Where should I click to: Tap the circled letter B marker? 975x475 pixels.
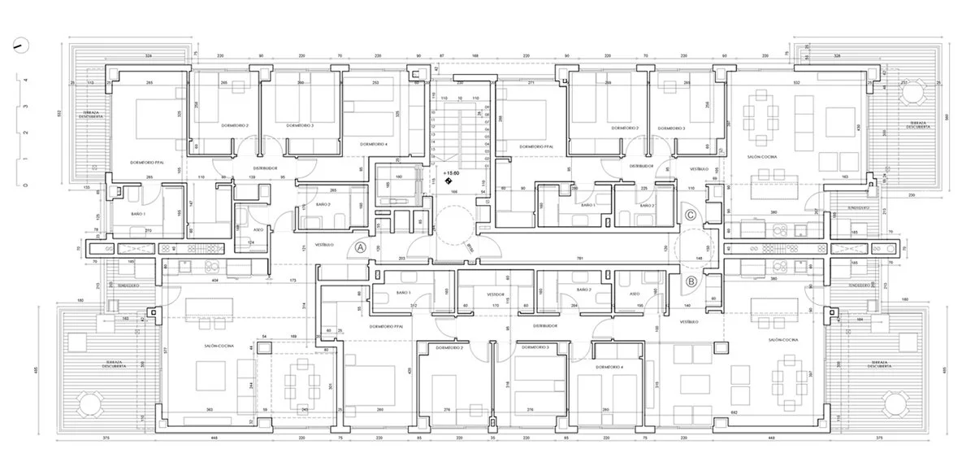coord(691,282)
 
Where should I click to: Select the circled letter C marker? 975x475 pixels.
coord(690,215)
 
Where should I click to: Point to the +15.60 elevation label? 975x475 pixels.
coord(453,173)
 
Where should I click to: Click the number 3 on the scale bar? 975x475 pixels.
coord(26,107)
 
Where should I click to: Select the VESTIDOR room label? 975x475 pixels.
coord(496,294)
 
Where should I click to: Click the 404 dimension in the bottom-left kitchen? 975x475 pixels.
coord(215,279)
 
